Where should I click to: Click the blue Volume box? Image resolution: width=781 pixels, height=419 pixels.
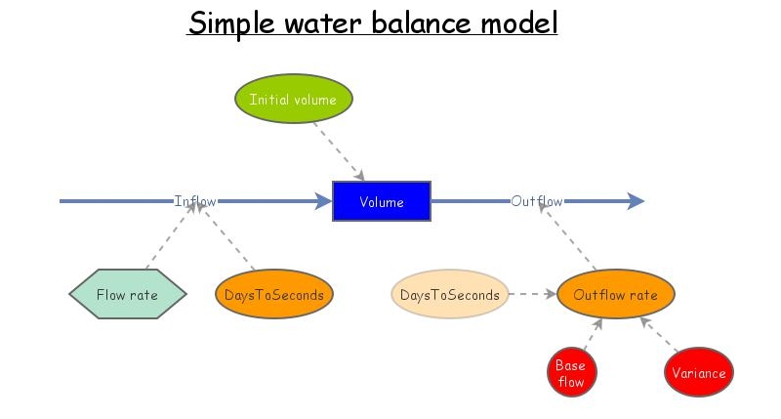click(381, 201)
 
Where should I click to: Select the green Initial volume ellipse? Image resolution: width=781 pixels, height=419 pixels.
click(293, 100)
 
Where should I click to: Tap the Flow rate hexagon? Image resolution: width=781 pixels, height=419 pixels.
click(128, 295)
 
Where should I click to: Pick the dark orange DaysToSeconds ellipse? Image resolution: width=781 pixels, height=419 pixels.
click(274, 295)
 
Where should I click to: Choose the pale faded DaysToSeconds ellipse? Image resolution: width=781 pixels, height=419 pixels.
click(450, 295)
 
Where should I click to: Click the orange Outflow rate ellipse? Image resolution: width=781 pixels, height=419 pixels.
click(615, 295)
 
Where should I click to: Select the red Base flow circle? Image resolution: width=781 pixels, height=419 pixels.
click(570, 373)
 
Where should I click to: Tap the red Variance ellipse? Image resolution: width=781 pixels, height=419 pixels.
click(698, 373)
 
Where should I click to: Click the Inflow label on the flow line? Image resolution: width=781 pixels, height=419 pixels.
click(195, 201)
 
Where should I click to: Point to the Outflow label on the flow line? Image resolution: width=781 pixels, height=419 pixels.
click(536, 201)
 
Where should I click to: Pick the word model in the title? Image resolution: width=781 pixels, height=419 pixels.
click(518, 22)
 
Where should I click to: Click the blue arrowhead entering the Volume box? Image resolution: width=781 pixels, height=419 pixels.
click(323, 201)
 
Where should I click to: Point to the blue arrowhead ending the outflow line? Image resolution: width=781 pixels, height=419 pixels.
click(636, 201)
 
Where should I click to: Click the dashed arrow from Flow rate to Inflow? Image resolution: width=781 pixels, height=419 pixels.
click(170, 237)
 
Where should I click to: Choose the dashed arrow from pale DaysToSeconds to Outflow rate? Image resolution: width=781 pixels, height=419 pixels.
click(532, 294)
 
